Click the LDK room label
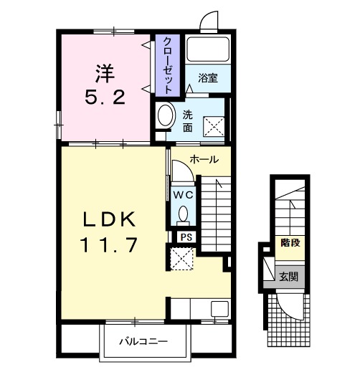[109, 220]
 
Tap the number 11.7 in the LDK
[110, 244]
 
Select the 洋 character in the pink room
[105, 74]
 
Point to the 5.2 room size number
[105, 97]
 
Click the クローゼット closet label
[168, 65]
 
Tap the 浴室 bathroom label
[208, 78]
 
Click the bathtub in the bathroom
[208, 49]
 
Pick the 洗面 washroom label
[187, 121]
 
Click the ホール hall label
[204, 159]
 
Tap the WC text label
[184, 195]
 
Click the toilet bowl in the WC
[184, 214]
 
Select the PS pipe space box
[186, 237]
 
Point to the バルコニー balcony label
[143, 341]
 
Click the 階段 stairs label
[290, 243]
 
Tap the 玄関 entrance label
[288, 277]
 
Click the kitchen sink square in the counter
[219, 309]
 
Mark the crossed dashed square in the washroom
[214, 127]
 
